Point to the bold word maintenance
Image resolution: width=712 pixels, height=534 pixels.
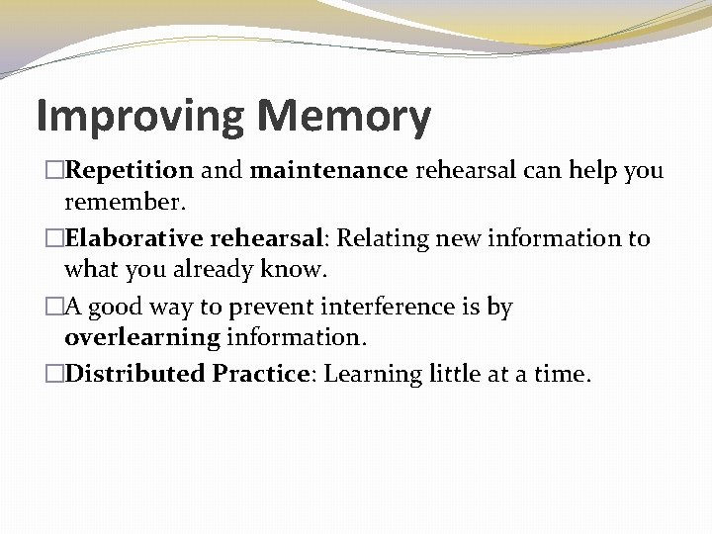coord(329,171)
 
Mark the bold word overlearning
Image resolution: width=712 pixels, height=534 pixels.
coord(142,337)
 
